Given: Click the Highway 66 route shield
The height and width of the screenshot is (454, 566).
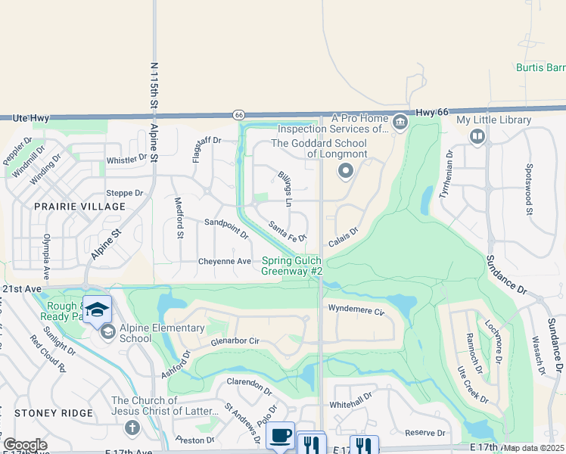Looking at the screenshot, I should (238, 115).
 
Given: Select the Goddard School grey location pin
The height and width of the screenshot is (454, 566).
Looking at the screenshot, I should (346, 171).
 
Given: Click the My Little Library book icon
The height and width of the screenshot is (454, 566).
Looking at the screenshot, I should (477, 136).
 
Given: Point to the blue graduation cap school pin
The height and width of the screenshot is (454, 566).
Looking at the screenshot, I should (97, 309).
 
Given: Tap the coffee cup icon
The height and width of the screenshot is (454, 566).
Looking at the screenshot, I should (281, 435).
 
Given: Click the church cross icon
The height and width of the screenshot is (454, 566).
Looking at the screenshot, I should (131, 428).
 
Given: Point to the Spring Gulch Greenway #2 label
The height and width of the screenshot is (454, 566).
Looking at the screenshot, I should (293, 266).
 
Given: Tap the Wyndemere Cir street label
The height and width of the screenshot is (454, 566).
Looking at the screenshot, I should (357, 308).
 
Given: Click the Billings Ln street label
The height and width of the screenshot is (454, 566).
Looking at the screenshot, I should (285, 188).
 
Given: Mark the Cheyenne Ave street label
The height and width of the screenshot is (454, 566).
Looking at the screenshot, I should (224, 261).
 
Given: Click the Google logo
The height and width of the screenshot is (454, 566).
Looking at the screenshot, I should (25, 445).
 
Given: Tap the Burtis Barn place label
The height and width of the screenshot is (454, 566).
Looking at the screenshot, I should (540, 67).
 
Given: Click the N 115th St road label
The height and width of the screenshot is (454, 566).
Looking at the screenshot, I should (154, 83).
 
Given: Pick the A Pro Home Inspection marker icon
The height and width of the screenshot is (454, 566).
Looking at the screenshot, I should (400, 121).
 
